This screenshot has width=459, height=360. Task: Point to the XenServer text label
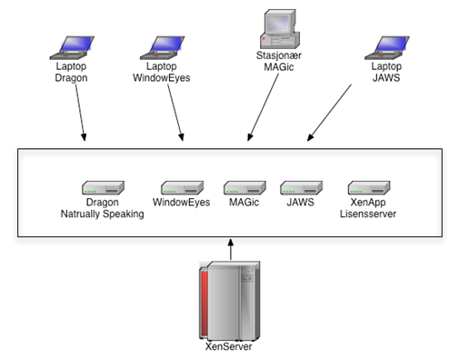click(x=229, y=346)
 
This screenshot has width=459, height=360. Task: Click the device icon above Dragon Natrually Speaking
click(x=102, y=187)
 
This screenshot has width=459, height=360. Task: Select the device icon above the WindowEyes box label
click(x=181, y=187)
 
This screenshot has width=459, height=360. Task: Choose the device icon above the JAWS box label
click(x=299, y=187)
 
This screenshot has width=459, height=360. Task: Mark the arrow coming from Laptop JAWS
click(x=332, y=111)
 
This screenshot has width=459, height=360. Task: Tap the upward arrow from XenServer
click(x=231, y=249)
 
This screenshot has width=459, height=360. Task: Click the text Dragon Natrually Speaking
click(x=102, y=208)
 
